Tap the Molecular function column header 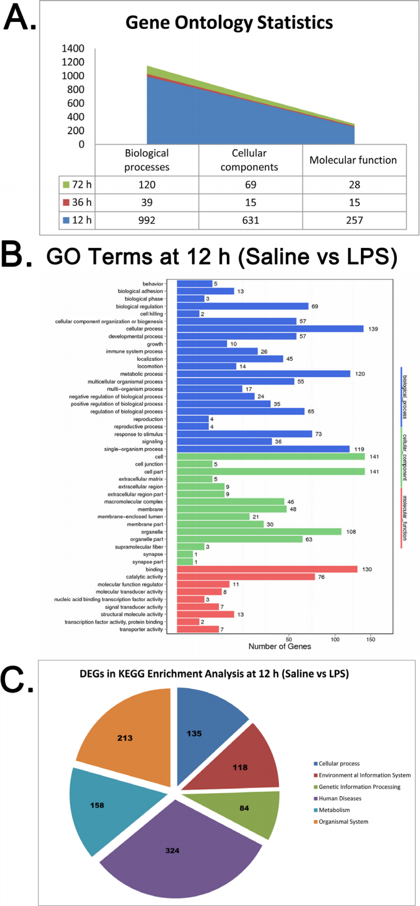pyautogui.click(x=352, y=160)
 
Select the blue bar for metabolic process pyautogui.click(x=263, y=373)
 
